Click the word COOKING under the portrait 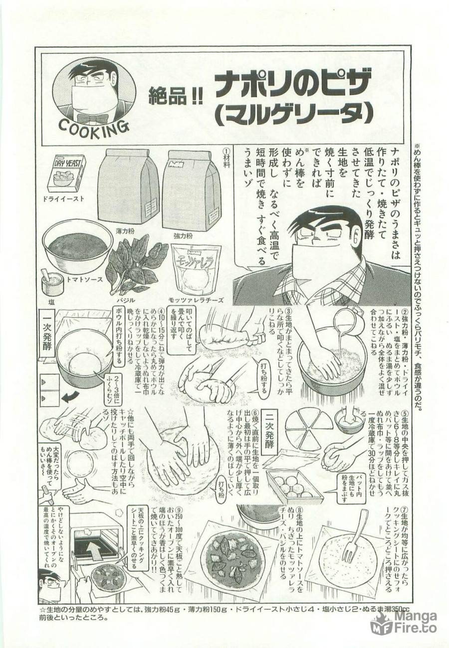point(93,129)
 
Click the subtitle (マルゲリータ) point(294,113)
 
